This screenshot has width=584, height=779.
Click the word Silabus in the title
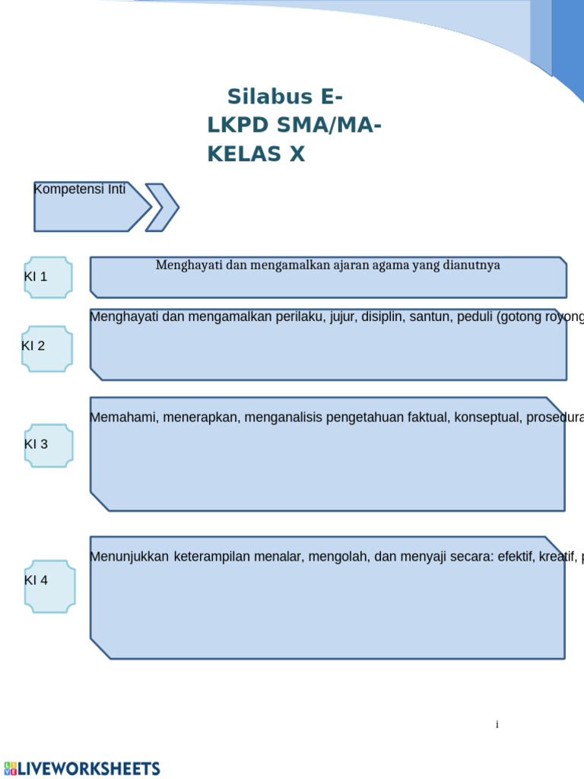[x=270, y=97]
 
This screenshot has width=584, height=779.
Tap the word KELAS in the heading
[x=243, y=154]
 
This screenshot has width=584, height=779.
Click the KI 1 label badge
[x=48, y=277]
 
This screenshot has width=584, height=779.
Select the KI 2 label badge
[x=47, y=348]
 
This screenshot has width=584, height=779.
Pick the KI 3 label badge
[x=49, y=445]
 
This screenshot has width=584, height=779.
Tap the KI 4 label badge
[x=49, y=586]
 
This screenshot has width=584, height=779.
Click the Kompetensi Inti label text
[x=80, y=189]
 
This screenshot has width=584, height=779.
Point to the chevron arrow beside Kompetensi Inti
[x=161, y=207]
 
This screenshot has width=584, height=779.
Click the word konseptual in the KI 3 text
[x=487, y=417]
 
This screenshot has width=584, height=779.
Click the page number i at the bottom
[x=497, y=725]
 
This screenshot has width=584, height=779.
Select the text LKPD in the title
[x=242, y=126]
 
